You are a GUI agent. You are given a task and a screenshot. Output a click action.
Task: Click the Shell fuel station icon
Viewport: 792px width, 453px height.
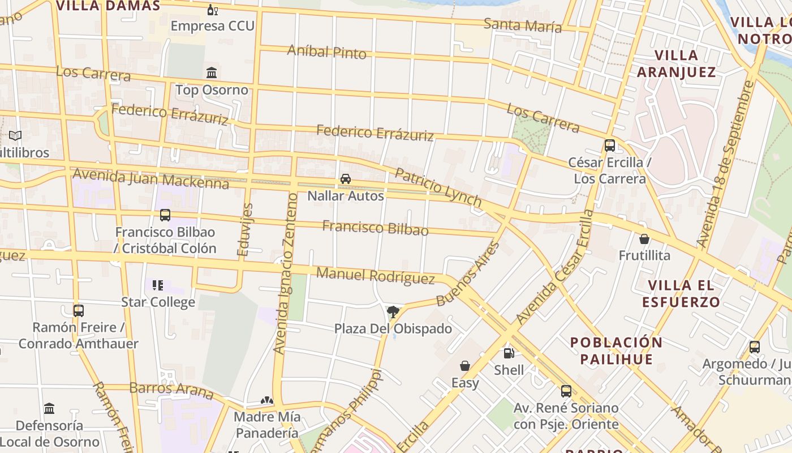pos(509,353)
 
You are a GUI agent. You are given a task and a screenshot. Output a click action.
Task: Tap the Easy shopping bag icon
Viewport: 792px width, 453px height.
pos(465,366)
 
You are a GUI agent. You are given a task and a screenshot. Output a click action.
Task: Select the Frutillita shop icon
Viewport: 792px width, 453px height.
pos(644,239)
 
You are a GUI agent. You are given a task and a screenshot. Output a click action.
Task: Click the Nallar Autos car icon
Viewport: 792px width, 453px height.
pos(345,179)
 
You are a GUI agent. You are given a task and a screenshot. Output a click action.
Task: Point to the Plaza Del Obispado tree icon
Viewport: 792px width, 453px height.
pos(393,311)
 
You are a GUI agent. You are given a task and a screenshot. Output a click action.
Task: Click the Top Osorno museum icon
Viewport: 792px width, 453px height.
pos(212,72)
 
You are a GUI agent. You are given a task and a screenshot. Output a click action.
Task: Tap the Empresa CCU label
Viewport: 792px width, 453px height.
pos(212,26)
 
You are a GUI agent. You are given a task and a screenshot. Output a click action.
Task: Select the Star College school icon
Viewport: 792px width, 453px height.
pos(158,285)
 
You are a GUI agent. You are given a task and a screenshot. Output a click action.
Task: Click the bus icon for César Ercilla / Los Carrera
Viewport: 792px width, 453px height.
pos(609,146)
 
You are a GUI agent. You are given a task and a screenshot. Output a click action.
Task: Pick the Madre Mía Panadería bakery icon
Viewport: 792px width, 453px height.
pos(267,400)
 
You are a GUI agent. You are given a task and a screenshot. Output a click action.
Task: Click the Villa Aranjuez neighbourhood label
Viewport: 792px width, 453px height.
pos(676,63)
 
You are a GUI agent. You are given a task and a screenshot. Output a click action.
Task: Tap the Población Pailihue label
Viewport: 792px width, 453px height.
pos(616,351)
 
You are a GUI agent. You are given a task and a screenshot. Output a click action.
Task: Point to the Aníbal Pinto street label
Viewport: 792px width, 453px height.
pos(326,52)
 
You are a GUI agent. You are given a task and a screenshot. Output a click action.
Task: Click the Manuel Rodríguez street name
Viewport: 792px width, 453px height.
pos(375,276)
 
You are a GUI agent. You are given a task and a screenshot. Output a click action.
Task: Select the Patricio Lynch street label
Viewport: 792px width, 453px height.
pos(438,187)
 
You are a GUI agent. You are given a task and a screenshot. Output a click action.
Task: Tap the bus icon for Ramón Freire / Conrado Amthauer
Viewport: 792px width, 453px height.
pos(79,310)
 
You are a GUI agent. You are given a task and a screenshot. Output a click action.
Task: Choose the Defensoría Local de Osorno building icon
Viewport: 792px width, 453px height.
pos(49,408)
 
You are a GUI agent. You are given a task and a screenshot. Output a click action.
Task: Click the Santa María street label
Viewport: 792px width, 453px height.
pos(522,25)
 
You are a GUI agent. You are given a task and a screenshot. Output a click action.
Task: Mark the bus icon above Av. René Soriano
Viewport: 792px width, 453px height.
pos(566,391)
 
